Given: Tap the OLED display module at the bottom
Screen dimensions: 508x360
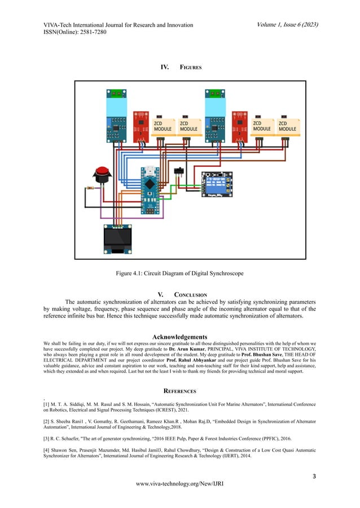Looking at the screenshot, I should pos(118,238).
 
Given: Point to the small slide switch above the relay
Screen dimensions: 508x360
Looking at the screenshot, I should pos(181,171).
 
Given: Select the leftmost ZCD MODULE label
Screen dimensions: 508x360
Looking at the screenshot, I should pos(163,126).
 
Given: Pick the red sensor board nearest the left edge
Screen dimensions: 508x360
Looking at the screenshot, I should pos(141,125).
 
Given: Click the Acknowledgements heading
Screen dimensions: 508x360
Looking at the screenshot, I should pos(179,338).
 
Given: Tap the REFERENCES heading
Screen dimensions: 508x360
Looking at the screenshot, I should pos(179,391).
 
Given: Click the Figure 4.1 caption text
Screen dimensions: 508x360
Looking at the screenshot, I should pos(179,273).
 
